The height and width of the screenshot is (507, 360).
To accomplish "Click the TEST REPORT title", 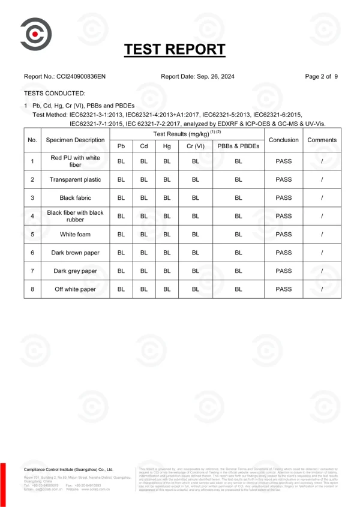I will [175, 49].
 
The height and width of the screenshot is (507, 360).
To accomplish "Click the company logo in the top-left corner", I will [35, 35].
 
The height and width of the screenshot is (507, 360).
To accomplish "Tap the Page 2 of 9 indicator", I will [322, 77].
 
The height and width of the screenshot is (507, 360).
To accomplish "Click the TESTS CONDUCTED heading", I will [55, 94].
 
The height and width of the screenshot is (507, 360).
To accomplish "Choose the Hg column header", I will [167, 146].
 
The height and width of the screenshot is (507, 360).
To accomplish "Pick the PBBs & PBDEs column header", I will [238, 146].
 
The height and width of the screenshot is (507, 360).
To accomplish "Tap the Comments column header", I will [322, 140].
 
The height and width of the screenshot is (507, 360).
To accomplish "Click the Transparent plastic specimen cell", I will [76, 179].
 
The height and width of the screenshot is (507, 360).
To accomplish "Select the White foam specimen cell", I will [76, 235].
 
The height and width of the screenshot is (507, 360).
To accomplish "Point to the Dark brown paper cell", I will [76, 253].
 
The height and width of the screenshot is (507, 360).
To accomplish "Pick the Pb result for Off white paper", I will [121, 290].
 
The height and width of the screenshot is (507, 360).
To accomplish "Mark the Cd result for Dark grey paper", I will [144, 271].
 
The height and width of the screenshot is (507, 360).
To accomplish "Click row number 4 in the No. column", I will [32, 216].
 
